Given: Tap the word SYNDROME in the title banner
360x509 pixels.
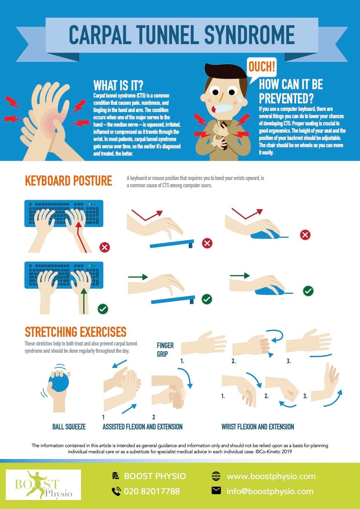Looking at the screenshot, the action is click(250, 35).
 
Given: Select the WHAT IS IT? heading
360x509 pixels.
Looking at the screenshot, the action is click(118, 86).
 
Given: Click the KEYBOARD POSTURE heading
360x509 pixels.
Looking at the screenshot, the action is click(69, 181).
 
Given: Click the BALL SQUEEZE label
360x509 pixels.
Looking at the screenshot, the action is click(69, 427).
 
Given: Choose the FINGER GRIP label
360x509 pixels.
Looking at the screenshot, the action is click(165, 350).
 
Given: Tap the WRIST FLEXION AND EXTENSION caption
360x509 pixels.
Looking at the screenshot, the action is click(258, 427).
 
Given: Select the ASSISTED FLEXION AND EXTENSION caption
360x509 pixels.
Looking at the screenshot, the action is click(143, 427).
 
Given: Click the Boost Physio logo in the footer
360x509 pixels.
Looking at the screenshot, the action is click(44, 485).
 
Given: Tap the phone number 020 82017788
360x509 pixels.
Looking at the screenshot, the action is click(152, 491).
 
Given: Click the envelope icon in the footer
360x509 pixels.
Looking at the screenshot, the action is click(216, 491).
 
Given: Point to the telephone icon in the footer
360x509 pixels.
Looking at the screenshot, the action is click(116, 491).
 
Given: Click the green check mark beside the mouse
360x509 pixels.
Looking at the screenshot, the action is click(308, 291).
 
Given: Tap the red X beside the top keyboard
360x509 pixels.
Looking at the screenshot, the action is click(105, 247).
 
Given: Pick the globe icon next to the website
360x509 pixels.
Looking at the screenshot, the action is click(216, 476).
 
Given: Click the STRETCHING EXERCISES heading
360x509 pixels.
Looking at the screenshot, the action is click(75, 332).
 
